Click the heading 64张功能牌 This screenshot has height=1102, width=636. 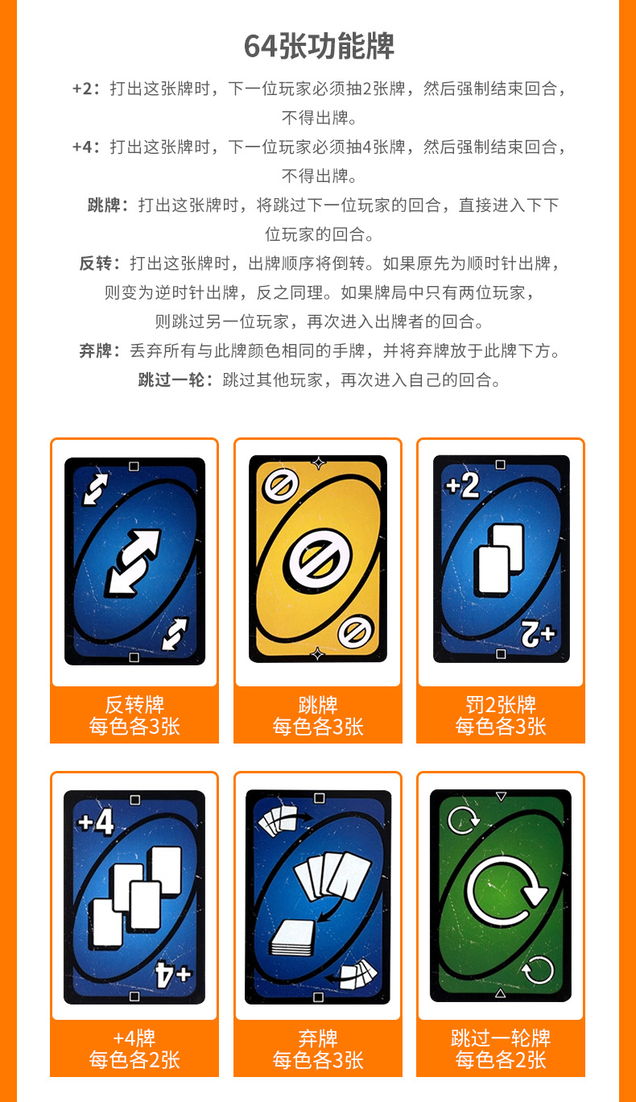(319, 47)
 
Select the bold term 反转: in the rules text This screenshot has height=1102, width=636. (100, 263)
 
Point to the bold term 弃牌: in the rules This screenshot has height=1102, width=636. (100, 350)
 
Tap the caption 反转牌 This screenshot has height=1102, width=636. (134, 705)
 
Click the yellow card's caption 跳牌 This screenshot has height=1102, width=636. (318, 705)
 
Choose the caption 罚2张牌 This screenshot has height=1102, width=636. (501, 705)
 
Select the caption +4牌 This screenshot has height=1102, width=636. (134, 1038)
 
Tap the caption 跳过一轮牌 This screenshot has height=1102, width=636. (501, 1038)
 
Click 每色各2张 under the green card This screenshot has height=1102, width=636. (501, 1060)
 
